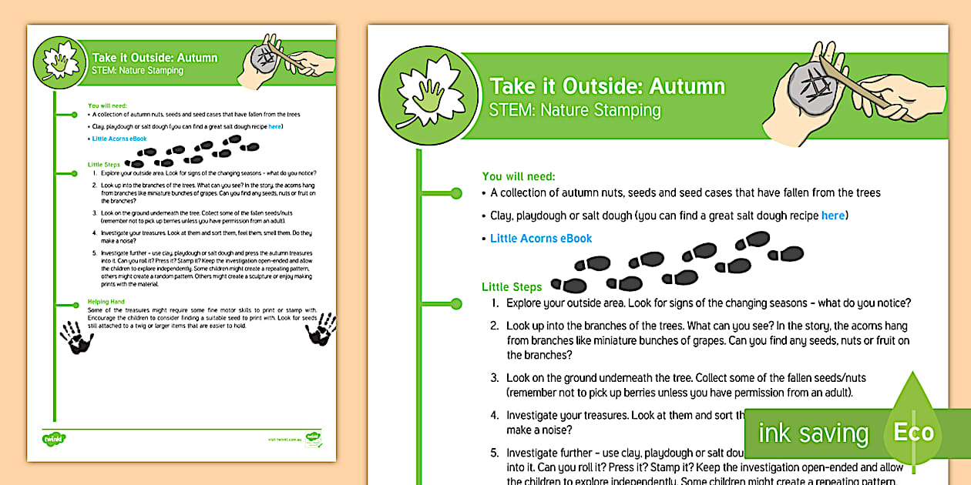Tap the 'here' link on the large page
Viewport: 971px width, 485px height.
pos(832,216)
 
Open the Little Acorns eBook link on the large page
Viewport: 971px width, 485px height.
pos(541,239)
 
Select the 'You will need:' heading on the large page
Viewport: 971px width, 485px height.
pos(519,176)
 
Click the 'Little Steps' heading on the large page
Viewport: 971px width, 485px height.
pos(512,287)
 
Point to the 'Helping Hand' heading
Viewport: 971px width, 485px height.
pos(107,302)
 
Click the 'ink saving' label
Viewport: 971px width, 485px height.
pos(813,433)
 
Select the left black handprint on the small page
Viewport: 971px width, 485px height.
pos(76,336)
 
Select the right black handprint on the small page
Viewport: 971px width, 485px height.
pos(320,329)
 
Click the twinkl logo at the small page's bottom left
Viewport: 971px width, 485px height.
pos(54,439)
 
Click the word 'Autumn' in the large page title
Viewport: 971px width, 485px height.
pos(687,85)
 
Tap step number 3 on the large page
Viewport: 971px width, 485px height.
pos(495,378)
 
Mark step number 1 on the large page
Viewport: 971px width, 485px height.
pos(495,303)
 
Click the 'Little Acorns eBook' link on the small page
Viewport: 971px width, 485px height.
pos(119,139)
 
